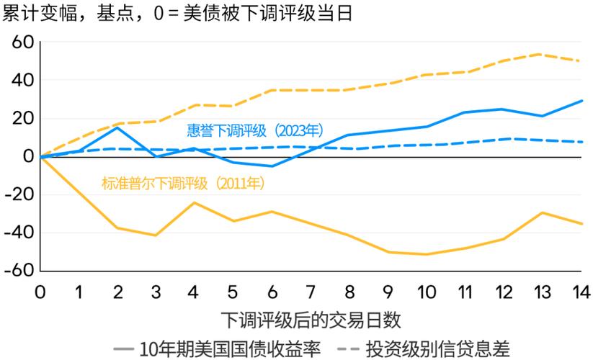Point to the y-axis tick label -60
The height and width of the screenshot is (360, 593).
tap(19, 271)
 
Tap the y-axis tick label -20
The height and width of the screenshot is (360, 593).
tap(19, 194)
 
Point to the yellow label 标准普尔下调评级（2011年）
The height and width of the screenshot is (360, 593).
tap(184, 184)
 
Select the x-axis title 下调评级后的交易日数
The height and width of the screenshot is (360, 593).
tap(311, 318)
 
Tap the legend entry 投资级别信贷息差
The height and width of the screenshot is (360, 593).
tap(423, 348)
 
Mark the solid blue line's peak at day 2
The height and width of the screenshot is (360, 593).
tap(117, 127)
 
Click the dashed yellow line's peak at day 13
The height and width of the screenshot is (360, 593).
tap(541, 54)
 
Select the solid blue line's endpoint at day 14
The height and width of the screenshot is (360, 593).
tap(581, 101)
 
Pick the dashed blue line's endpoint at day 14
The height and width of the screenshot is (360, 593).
tap(581, 142)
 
